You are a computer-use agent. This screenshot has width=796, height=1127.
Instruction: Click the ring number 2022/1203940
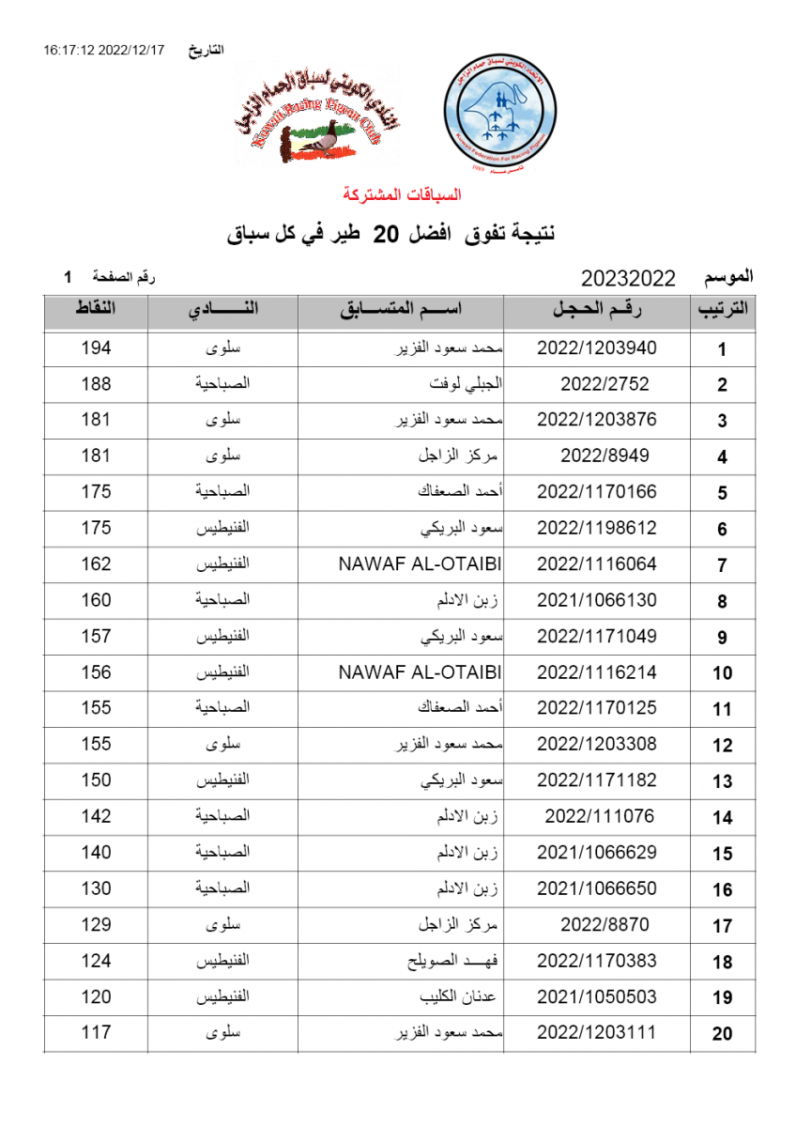point(596,347)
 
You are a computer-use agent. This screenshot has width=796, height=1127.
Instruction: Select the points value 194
point(96,347)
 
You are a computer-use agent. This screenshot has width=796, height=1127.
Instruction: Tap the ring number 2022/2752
point(605,384)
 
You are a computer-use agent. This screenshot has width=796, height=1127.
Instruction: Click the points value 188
point(96,384)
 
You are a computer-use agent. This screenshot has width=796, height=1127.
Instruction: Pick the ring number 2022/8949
point(605,456)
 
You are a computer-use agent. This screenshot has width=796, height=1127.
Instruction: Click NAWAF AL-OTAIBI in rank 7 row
point(419,564)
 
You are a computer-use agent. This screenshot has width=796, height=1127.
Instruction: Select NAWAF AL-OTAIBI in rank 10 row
point(419,672)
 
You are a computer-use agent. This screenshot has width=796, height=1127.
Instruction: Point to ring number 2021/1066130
point(596,600)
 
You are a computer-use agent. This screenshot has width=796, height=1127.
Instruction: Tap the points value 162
point(96,564)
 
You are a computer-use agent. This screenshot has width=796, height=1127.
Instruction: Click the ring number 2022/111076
point(600,816)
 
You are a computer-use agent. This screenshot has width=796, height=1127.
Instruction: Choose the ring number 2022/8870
point(605,924)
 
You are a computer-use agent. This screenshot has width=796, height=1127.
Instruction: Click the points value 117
point(96,1033)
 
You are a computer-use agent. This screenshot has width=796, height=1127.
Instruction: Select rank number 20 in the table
point(722,1034)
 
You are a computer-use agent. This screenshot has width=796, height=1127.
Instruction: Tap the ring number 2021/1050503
point(596,996)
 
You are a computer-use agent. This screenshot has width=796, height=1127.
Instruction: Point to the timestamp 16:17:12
point(68,50)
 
